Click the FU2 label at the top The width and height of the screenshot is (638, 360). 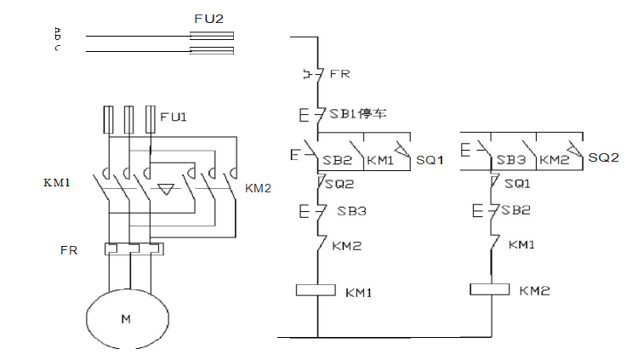coord(210,18)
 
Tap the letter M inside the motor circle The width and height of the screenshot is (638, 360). coord(126,319)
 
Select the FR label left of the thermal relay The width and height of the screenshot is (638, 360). coord(70,251)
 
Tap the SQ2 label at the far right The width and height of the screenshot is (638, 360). coord(603,157)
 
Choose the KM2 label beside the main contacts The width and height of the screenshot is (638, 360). coord(257,187)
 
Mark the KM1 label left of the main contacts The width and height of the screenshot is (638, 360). coord(56,182)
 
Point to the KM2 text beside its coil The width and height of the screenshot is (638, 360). coord(534,291)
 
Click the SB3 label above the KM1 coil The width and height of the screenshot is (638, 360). coord(345,211)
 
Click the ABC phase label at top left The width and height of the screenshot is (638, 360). coord(57,39)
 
